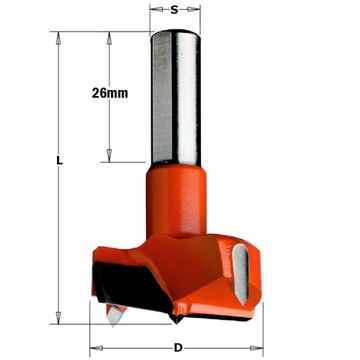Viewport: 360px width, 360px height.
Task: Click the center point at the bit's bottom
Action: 176,319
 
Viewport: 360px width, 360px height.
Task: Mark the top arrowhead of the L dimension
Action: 61,39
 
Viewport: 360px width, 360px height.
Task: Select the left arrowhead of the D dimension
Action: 96,347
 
